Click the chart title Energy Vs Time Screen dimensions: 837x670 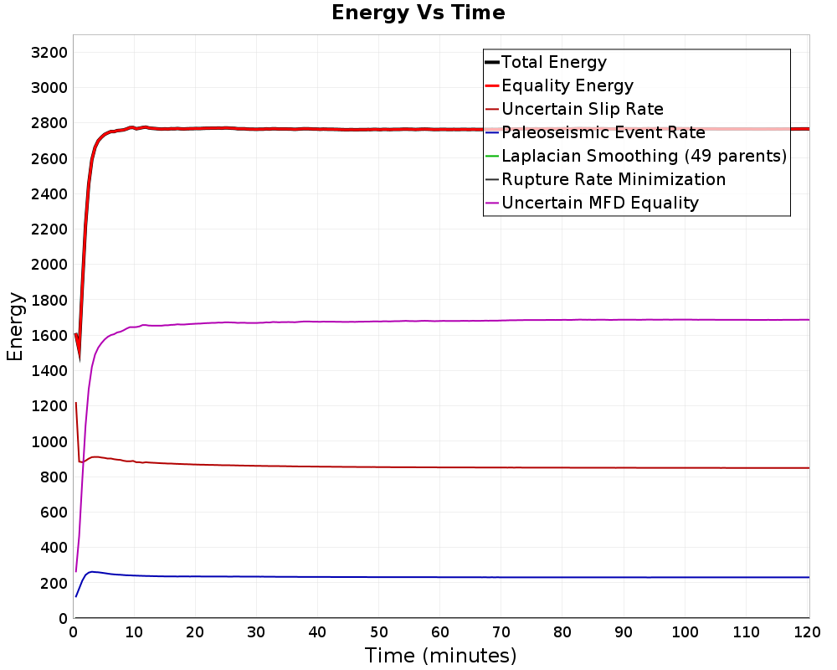pyautogui.click(x=418, y=13)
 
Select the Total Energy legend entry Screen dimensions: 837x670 pyautogui.click(x=546, y=62)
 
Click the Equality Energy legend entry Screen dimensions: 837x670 pyautogui.click(x=559, y=85)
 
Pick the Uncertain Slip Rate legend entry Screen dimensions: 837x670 pyautogui.click(x=574, y=109)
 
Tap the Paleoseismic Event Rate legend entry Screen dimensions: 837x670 pyautogui.click(x=594, y=132)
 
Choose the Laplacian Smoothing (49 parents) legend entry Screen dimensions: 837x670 pyautogui.click(x=636, y=156)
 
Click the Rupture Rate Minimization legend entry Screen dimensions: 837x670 pyautogui.click(x=605, y=179)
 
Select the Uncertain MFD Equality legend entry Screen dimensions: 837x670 pyautogui.click(x=592, y=203)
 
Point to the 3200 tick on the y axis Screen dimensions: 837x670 pyautogui.click(x=49, y=53)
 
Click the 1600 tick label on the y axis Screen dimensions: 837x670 pyautogui.click(x=49, y=336)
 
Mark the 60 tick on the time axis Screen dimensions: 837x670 pyautogui.click(x=440, y=632)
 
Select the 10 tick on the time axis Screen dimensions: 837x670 pyautogui.click(x=134, y=632)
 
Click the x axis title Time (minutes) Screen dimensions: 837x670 pyautogui.click(x=440, y=656)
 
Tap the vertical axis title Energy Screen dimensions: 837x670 pyautogui.click(x=15, y=327)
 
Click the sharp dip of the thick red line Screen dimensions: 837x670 pyautogui.click(x=80, y=358)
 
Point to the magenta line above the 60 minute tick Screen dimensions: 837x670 pyautogui.click(x=440, y=321)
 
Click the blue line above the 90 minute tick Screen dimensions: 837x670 pyautogui.click(x=624, y=577)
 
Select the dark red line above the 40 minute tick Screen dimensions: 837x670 pyautogui.click(x=317, y=466)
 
